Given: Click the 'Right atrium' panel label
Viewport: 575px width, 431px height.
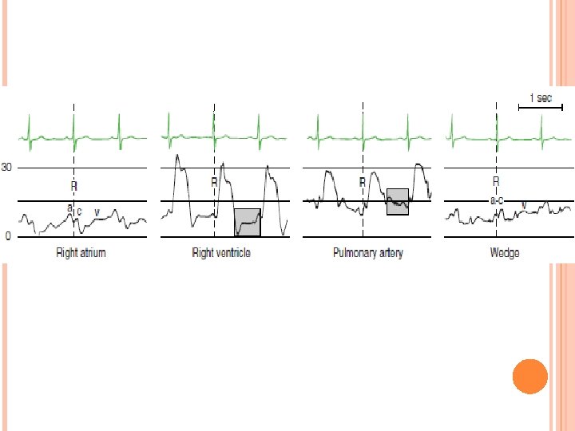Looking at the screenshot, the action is pos(81,253).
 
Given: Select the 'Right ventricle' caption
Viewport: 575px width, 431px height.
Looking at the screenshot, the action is pos(221,253).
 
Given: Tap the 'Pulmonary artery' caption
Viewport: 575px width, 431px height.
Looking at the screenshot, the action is pos(368,253).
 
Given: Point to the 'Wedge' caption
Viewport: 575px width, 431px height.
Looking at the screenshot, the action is pos(504,253).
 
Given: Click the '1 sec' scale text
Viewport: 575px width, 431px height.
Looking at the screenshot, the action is pos(541,98).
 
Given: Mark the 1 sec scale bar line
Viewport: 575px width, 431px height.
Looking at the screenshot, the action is pos(534,106).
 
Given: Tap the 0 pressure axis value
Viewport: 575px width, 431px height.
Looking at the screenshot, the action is pos(8,237).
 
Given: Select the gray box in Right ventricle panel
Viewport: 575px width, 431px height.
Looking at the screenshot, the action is pos(248,222).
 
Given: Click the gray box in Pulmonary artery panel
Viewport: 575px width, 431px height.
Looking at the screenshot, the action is pos(398,201).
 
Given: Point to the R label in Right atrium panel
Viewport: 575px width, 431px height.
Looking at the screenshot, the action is pos(73,187).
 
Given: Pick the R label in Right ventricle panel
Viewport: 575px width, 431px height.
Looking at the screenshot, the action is pos(214,183).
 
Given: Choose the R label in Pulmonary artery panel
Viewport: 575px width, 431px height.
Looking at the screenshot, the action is pos(362,183).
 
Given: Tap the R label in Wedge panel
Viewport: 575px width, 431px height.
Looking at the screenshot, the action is pos(496,181).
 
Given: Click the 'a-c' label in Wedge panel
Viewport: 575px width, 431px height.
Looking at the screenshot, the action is pos(496,201).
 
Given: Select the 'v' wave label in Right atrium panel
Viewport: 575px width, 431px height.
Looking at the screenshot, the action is pos(97,212).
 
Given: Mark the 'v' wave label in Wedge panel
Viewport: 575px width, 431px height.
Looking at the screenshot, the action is pos(524,206).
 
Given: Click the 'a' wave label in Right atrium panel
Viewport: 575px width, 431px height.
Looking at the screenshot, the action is pos(69,208).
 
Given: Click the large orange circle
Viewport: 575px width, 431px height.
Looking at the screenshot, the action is pos(529,376).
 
